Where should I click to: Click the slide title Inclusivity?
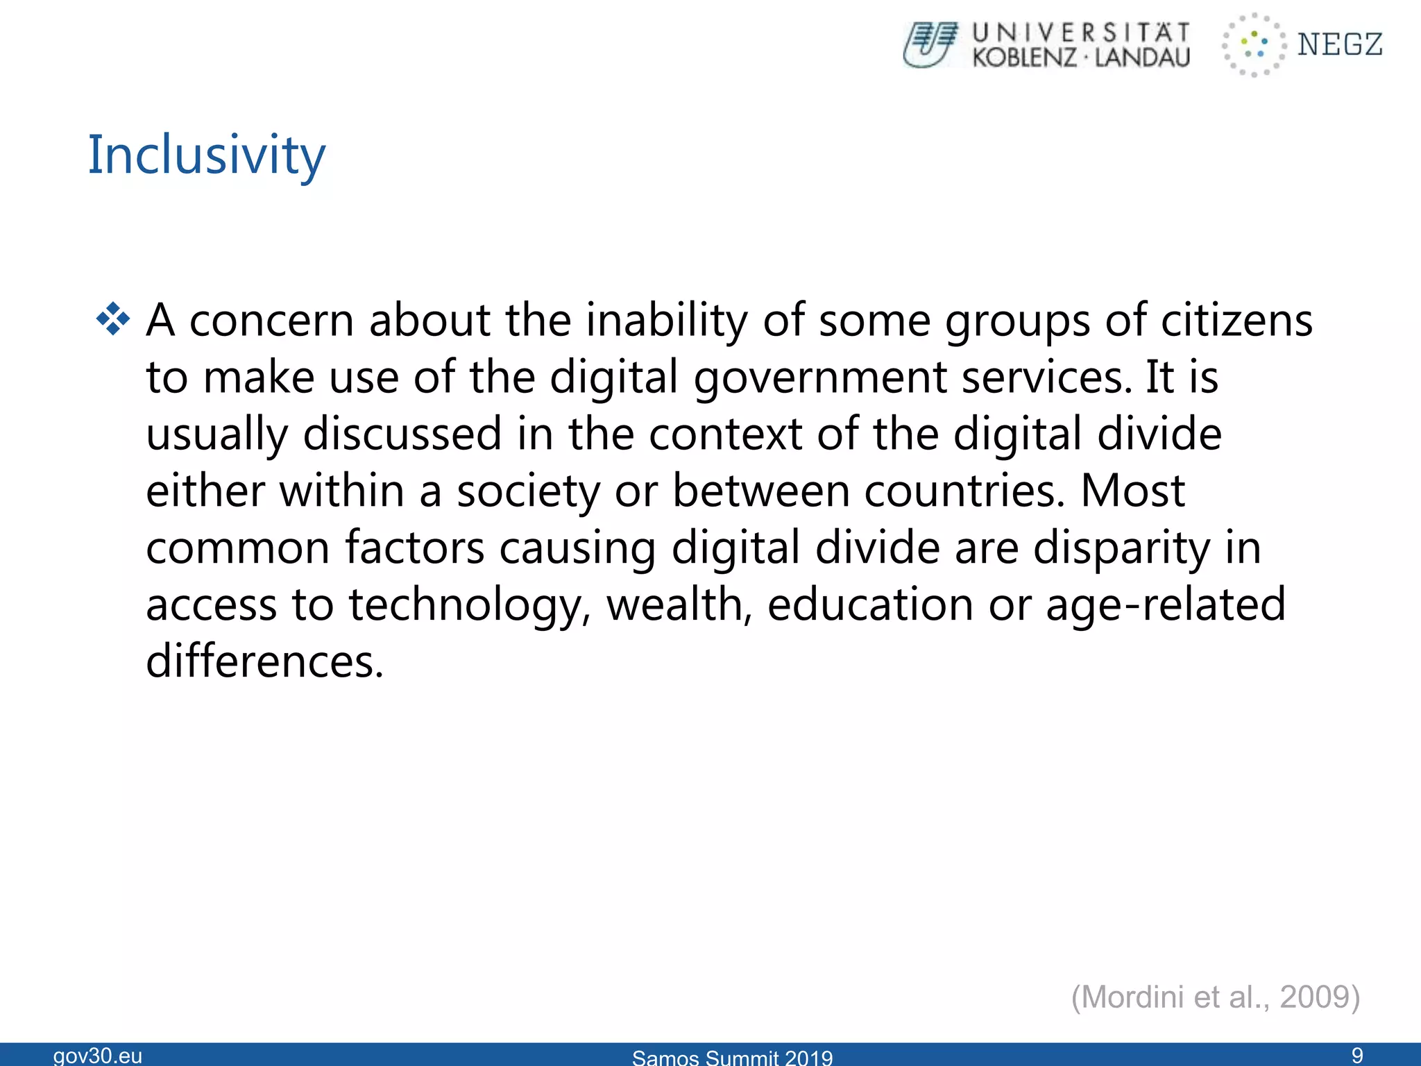[206, 155]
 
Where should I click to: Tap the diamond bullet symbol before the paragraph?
[113, 320]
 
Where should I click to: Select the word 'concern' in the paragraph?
[271, 321]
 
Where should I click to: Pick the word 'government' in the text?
[820, 379]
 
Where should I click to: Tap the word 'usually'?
[216, 436]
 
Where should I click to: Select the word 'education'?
[870, 605]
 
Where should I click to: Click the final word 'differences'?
[264, 662]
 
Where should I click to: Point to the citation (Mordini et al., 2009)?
[1215, 997]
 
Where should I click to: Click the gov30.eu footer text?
[98, 1056]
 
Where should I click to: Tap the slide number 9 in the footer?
[1357, 1056]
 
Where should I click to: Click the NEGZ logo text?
[1340, 44]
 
